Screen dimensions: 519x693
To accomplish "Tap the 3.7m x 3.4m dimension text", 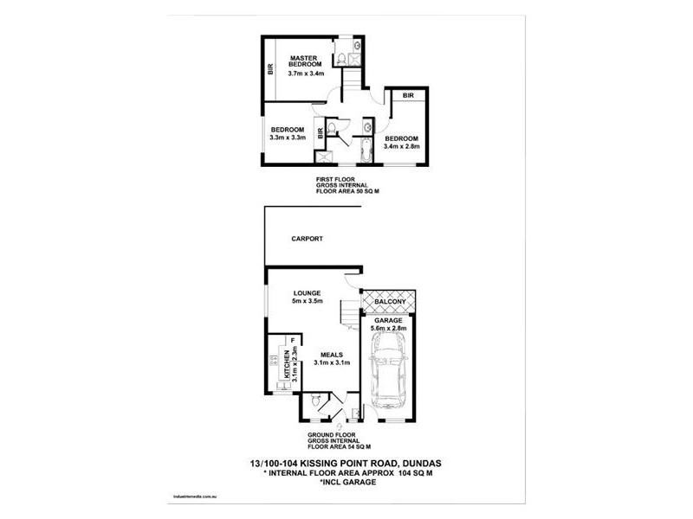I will pyautogui.click(x=306, y=74).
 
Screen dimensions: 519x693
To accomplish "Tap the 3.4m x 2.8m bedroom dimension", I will pyautogui.click(x=402, y=146).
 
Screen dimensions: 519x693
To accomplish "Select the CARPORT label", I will pyautogui.click(x=307, y=239).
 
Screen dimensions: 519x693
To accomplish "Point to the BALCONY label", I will pyautogui.click(x=391, y=302).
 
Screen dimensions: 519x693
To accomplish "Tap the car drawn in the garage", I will pyautogui.click(x=389, y=374).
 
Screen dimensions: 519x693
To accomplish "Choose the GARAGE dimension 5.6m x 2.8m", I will pyautogui.click(x=388, y=328).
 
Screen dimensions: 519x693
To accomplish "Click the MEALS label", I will pyautogui.click(x=333, y=355).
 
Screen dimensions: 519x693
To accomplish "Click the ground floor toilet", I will pyautogui.click(x=315, y=400).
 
